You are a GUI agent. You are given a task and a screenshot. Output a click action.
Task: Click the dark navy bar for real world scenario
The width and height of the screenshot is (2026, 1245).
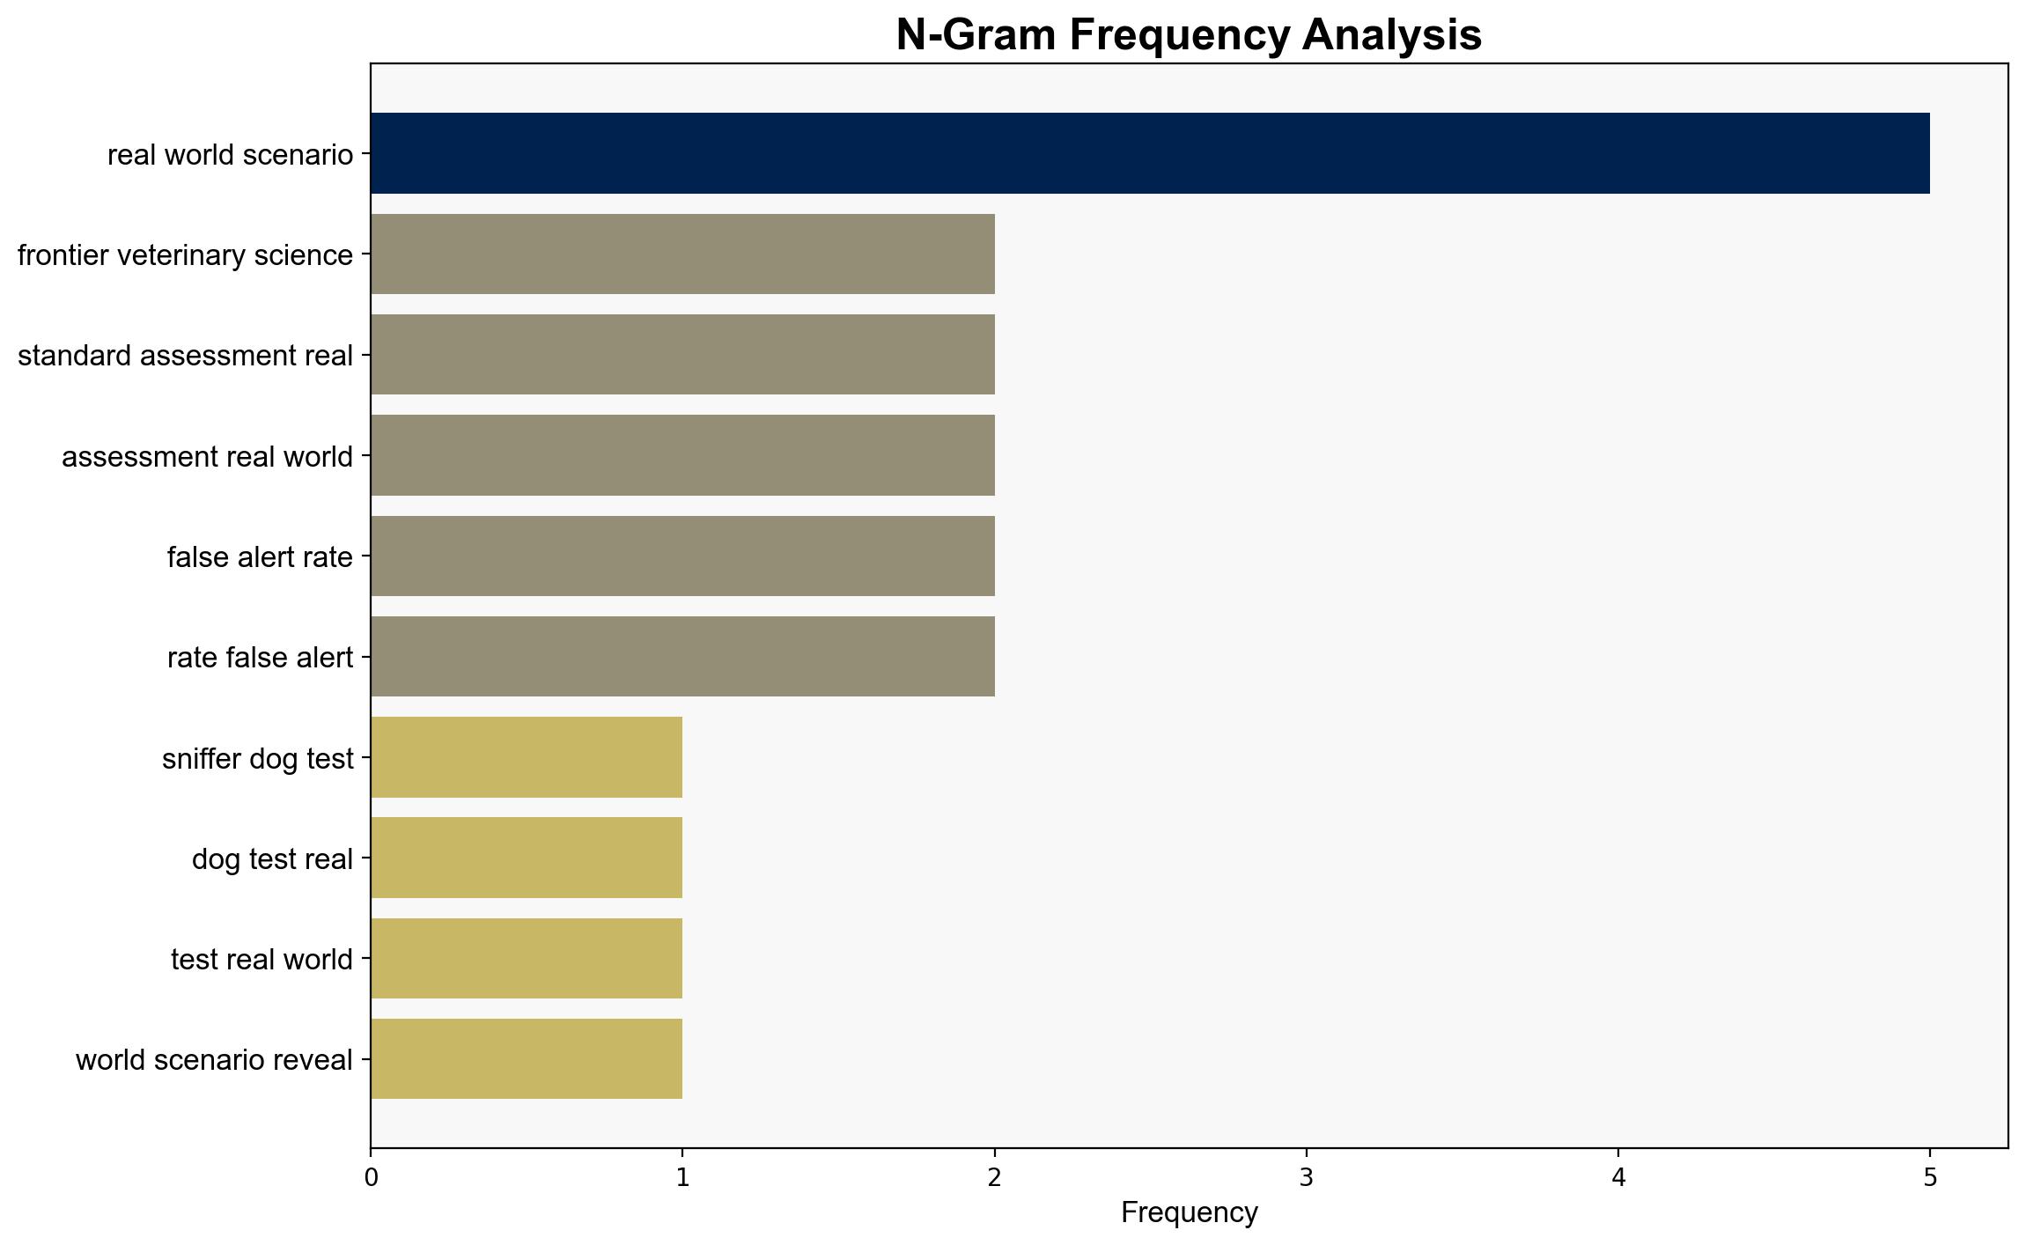click(x=1150, y=153)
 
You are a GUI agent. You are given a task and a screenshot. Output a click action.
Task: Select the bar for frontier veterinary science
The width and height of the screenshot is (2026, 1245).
click(x=682, y=254)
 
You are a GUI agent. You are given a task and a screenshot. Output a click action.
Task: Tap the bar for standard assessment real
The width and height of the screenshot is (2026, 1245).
click(x=682, y=355)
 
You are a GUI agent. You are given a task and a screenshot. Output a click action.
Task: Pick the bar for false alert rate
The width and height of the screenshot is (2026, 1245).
click(x=682, y=556)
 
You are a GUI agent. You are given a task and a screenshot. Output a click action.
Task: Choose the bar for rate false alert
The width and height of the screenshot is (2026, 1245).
click(x=682, y=657)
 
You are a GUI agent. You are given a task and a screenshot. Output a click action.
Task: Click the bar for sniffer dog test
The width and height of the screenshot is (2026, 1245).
click(x=527, y=757)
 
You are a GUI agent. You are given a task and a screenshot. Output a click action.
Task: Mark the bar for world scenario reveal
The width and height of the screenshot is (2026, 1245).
click(x=527, y=1059)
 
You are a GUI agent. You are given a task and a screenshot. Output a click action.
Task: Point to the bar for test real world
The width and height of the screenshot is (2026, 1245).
click(x=527, y=959)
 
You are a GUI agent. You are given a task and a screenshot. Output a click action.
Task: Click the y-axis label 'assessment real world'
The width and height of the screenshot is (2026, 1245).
click(x=207, y=457)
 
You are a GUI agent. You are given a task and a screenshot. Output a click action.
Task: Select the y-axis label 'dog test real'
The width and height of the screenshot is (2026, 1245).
click(x=272, y=859)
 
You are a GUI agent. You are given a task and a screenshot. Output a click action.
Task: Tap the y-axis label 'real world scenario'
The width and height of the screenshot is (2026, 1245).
click(x=230, y=155)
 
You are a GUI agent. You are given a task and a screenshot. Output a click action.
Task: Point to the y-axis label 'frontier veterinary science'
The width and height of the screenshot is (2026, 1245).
click(x=185, y=255)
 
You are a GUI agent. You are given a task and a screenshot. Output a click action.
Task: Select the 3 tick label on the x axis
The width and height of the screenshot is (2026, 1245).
click(x=1307, y=1177)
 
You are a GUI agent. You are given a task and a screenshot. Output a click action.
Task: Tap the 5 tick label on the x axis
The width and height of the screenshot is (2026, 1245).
click(x=1930, y=1177)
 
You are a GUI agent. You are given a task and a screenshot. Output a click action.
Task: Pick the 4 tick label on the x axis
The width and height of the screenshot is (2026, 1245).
click(x=1618, y=1177)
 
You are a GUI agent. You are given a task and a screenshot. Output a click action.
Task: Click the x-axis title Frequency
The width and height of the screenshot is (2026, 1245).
click(x=1190, y=1213)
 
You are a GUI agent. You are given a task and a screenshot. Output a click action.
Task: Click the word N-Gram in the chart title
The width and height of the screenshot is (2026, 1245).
click(x=977, y=35)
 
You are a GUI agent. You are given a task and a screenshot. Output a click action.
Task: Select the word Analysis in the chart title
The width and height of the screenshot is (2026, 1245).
click(x=1391, y=35)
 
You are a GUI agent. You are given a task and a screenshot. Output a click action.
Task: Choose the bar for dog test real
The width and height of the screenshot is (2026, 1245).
click(x=527, y=858)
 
